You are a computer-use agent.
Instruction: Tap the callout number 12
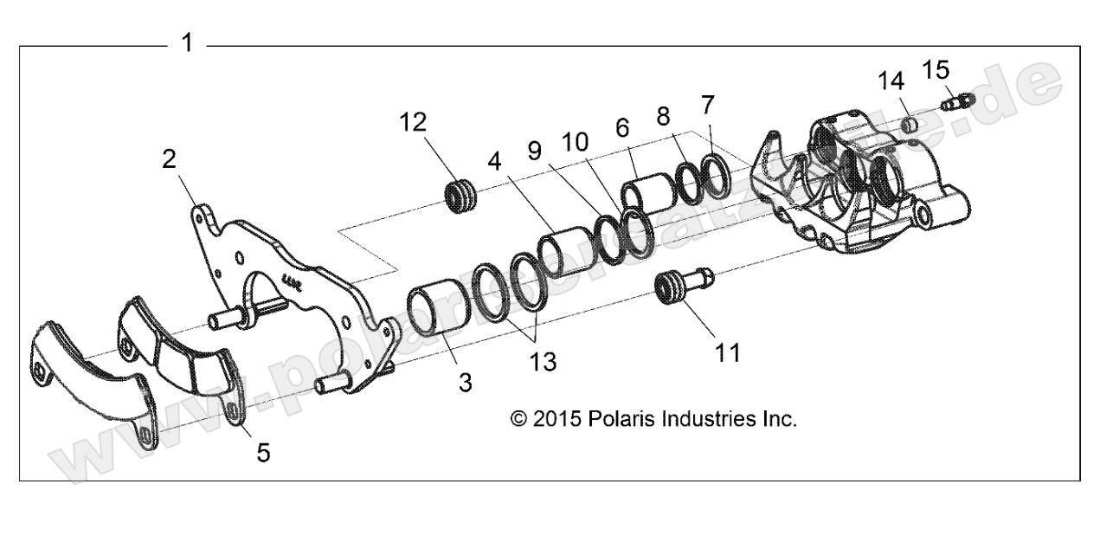pyautogui.click(x=413, y=123)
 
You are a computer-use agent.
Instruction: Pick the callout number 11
pyautogui.click(x=727, y=352)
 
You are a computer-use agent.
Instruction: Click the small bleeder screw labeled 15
pyautogui.click(x=957, y=101)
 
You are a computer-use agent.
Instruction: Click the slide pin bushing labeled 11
pyautogui.click(x=682, y=285)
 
